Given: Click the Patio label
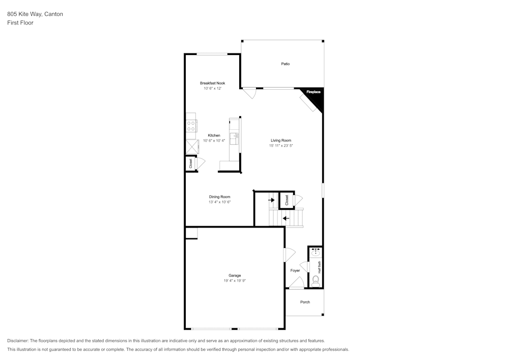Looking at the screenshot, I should click(286, 64).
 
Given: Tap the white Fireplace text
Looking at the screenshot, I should click(313, 92).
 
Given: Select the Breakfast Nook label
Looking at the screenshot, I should click(212, 83).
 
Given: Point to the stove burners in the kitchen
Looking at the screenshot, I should click(191, 126).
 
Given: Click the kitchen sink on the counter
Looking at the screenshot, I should click(236, 136).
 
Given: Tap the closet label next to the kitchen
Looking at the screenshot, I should click(191, 163).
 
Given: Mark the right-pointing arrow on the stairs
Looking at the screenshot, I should click(271, 200).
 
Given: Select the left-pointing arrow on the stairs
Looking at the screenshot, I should click(286, 218).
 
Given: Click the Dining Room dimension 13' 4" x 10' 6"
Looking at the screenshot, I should click(219, 202).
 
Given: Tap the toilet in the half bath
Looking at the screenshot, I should click(316, 280).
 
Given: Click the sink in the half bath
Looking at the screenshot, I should click(316, 252).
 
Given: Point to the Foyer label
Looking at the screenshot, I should click(295, 270).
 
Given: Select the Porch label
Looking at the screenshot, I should click(305, 302).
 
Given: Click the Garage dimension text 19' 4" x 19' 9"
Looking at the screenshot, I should click(235, 281).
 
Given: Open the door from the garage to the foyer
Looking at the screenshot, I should click(289, 255).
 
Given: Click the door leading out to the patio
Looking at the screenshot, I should click(249, 94).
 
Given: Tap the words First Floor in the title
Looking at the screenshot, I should click(20, 23).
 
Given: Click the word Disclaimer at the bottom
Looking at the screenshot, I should click(17, 341).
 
